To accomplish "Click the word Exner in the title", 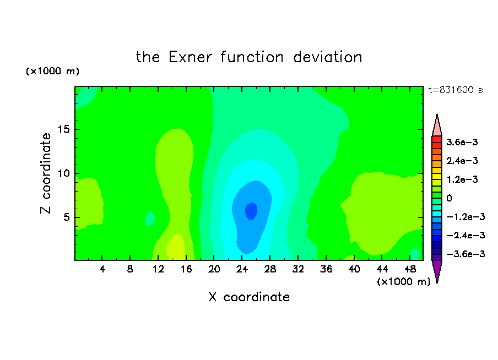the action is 190,57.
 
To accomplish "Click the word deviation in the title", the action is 327,57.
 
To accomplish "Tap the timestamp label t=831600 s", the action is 456,90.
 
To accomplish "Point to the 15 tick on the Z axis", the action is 64,129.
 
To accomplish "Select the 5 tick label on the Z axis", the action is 67,217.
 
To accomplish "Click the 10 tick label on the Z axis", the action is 64,173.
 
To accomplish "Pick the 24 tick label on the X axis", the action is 242,269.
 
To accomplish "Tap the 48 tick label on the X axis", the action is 410,269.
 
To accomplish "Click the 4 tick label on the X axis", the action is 102,269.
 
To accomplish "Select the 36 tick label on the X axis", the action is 326,269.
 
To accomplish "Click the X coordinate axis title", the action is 249,297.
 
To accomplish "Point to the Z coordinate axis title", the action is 46,173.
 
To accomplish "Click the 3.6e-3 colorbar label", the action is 462,142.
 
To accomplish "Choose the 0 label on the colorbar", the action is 449,198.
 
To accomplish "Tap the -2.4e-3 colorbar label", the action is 465,235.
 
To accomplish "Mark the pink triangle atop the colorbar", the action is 437,126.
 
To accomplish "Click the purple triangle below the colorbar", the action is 437,270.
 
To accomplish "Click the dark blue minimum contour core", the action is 251,211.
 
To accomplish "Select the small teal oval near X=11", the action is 150,219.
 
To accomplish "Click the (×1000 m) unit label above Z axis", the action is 52,71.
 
